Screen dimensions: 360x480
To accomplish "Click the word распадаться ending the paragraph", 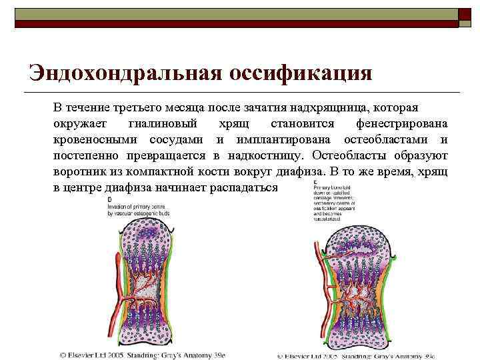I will pyautogui.click(x=243, y=187).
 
